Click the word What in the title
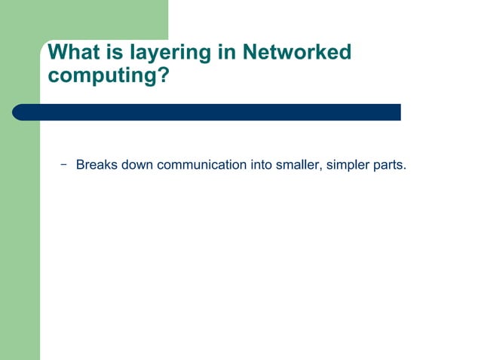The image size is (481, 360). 72,52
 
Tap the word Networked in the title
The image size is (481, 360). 297,52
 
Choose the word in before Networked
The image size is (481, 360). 228,52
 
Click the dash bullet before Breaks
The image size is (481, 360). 63,163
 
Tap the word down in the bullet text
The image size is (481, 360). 136,164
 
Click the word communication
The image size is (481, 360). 202,164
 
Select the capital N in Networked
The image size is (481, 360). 250,52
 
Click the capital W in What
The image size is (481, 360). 57,52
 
